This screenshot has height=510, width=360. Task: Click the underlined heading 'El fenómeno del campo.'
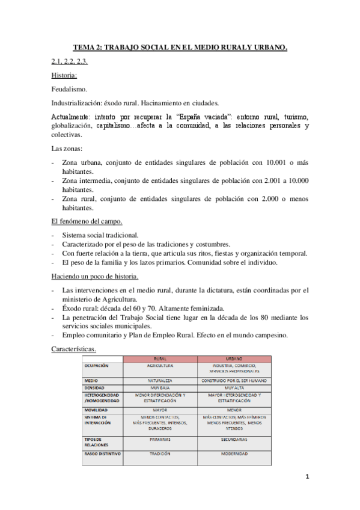(x=87, y=221)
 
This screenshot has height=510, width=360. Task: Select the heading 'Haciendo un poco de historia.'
(x=95, y=276)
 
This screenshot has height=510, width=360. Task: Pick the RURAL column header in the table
(x=160, y=359)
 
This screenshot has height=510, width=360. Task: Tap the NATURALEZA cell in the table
(x=160, y=380)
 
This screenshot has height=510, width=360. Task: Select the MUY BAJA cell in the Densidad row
(x=160, y=388)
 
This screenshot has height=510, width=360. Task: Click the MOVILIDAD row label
(x=97, y=410)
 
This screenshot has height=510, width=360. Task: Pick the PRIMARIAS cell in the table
(x=160, y=440)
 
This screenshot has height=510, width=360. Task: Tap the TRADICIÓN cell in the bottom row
(x=160, y=453)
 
